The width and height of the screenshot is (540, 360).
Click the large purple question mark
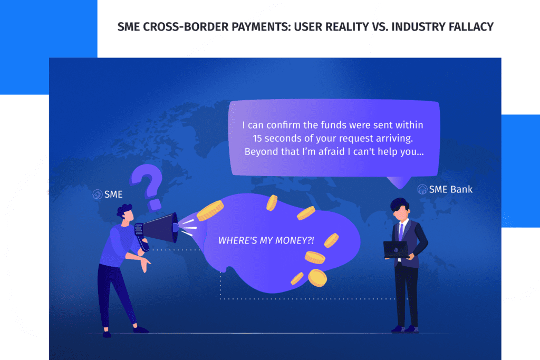[148, 186]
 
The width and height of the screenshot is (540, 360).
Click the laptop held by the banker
[397, 249]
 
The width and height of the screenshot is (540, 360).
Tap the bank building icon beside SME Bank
[422, 189]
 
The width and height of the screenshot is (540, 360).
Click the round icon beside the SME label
[98, 194]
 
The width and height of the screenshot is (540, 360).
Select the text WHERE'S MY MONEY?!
[266, 240]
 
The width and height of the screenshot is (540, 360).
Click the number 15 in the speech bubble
[257, 138]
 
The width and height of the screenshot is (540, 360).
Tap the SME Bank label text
[451, 189]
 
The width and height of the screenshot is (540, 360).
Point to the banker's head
[400, 209]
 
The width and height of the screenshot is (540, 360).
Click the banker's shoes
[406, 329]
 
